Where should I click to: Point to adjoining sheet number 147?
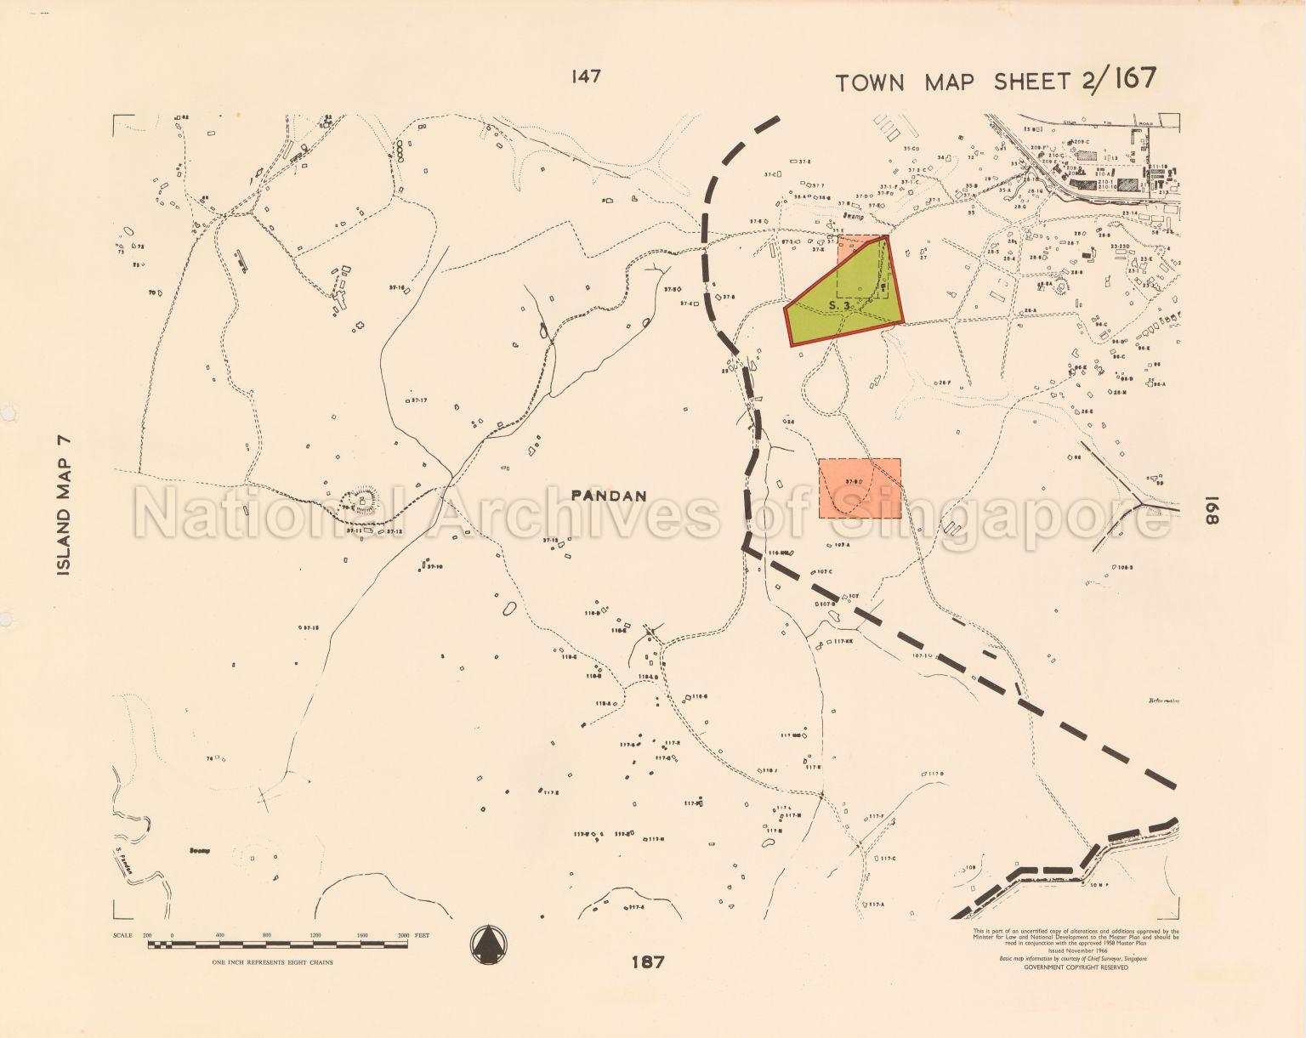[x=587, y=77]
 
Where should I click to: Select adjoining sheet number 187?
[x=648, y=962]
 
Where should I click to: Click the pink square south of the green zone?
[x=860, y=488]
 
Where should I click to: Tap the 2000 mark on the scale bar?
[x=403, y=935]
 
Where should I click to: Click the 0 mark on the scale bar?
[x=172, y=935]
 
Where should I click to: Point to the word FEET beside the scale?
[x=422, y=935]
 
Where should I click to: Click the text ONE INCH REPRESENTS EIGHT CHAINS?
[x=272, y=962]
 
